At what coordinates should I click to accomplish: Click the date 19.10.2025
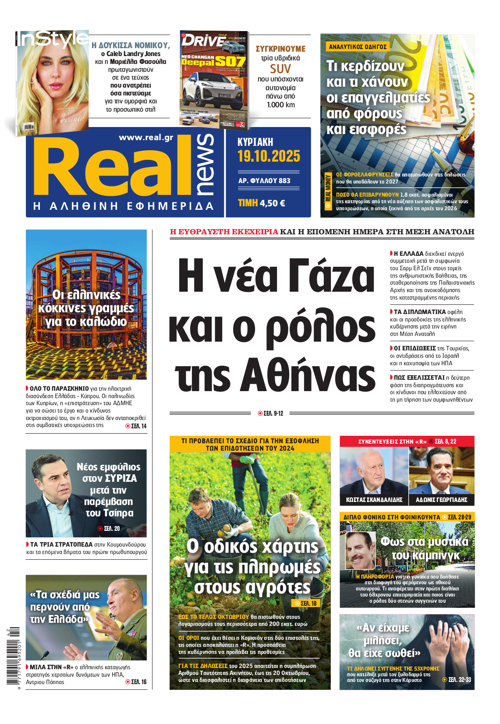point(269,156)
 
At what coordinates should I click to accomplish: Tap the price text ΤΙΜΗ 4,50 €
point(262,203)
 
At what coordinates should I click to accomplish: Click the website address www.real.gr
point(146,138)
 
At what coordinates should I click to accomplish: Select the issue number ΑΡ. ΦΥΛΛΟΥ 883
point(264,180)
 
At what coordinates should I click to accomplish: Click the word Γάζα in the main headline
point(333,276)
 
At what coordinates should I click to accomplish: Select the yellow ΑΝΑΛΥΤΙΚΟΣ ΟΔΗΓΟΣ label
point(358,47)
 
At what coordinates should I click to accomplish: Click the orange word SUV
point(280,69)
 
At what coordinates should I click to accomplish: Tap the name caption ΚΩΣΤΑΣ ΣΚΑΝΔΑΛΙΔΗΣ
point(374,500)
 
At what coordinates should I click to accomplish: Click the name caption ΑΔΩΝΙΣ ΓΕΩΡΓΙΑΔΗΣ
point(441,500)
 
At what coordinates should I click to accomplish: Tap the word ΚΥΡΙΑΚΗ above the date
point(255,142)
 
